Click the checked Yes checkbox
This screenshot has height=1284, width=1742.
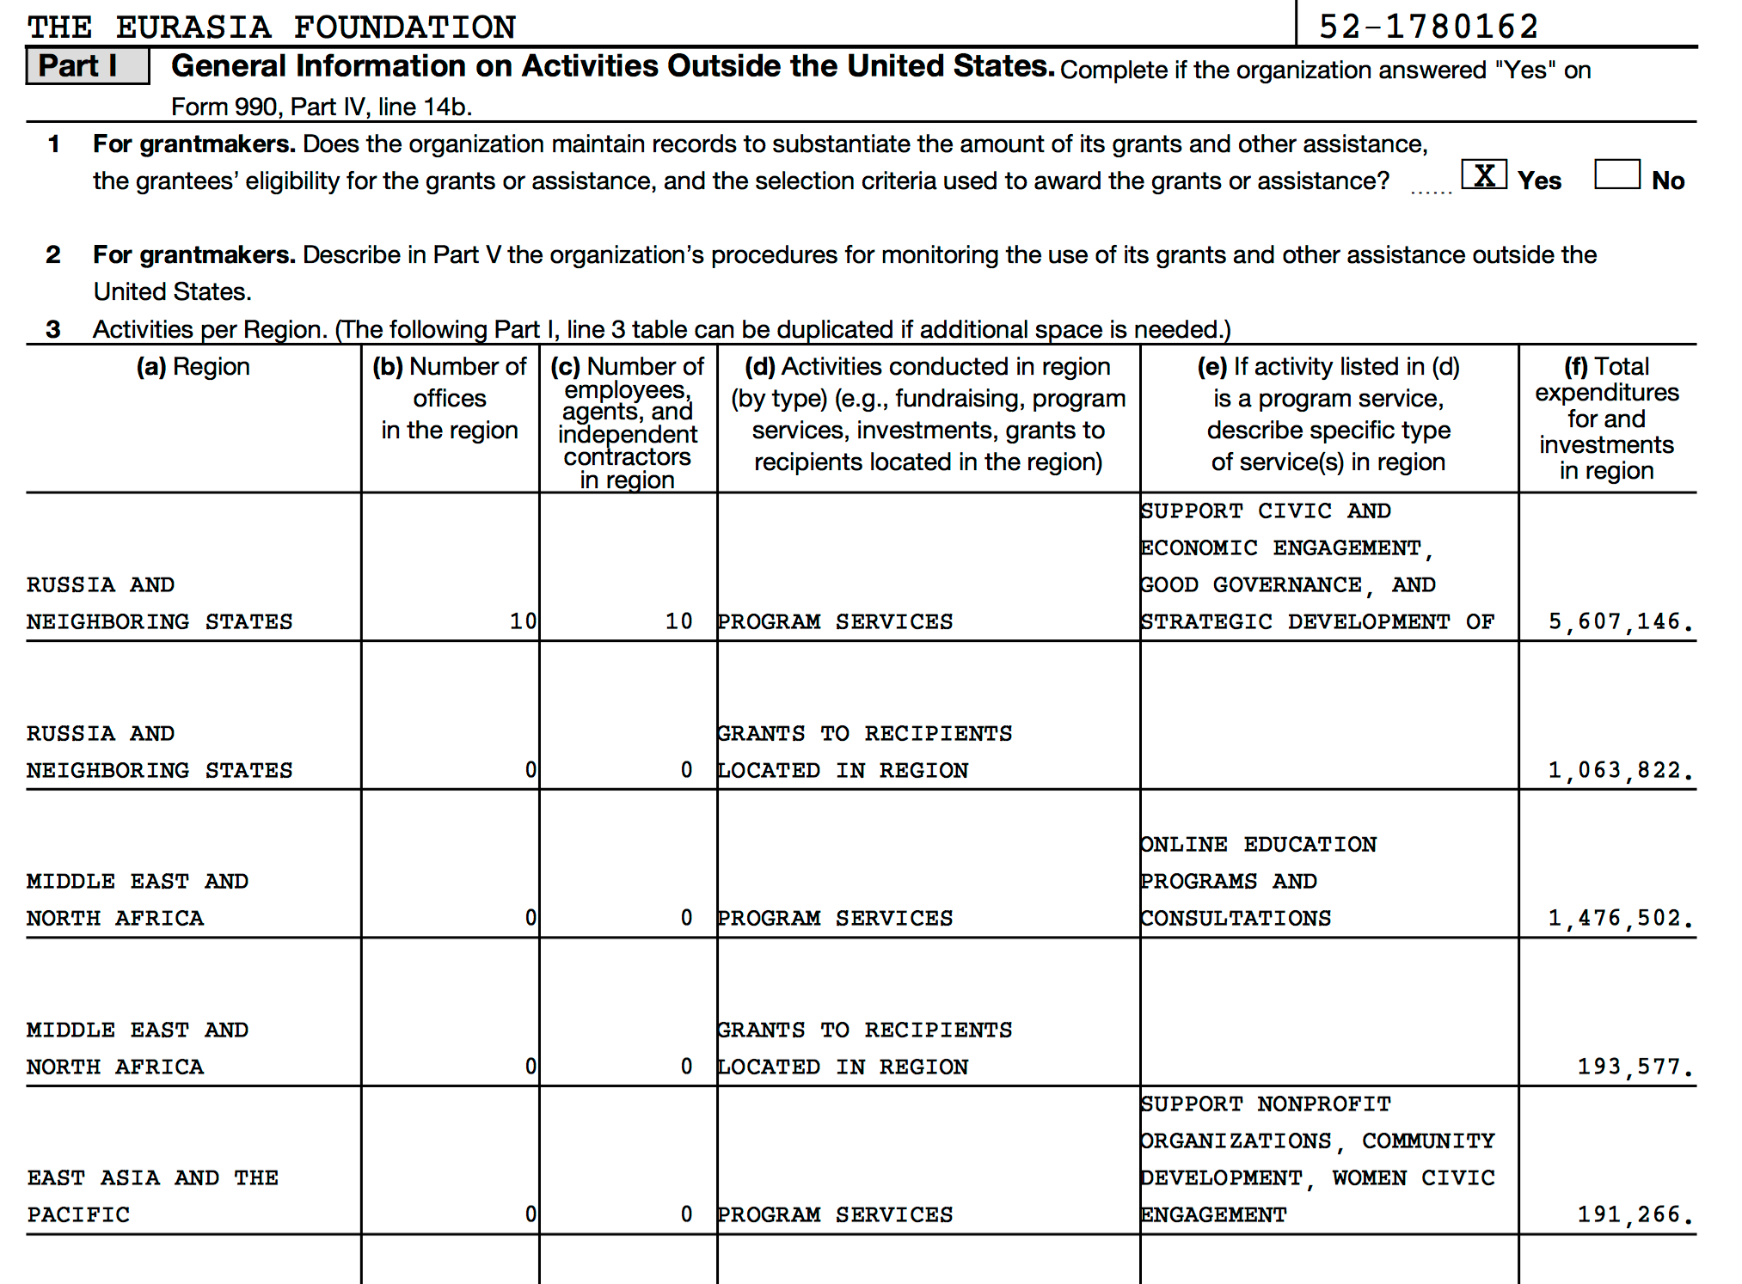(1483, 175)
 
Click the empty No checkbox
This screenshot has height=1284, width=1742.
(1616, 174)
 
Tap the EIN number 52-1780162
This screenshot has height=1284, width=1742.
(1428, 27)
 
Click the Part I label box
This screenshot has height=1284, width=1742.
(87, 66)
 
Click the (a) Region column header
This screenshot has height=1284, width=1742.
(193, 367)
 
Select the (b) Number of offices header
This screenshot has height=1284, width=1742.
(450, 398)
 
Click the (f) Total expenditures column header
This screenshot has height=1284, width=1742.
(1606, 418)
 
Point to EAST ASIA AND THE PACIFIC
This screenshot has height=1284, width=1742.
(152, 1195)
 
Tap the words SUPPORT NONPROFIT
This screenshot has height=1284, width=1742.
(1265, 1104)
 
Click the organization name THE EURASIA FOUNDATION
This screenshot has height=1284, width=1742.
(271, 27)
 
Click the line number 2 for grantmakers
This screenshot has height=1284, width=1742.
(53, 254)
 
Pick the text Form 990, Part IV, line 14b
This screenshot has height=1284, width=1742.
(322, 107)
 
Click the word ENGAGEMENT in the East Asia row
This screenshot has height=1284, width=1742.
(1213, 1215)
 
